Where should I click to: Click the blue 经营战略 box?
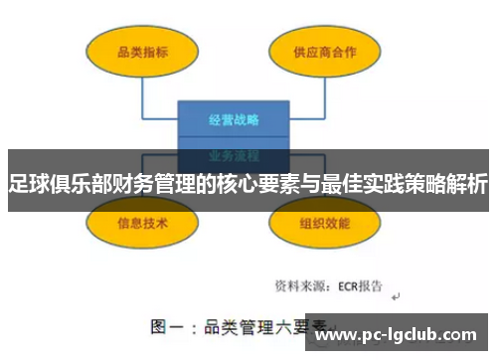234,120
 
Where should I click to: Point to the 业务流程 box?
234,155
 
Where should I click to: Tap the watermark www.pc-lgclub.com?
402,336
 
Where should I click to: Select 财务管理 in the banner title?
139,184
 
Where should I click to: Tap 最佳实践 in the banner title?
345,184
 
